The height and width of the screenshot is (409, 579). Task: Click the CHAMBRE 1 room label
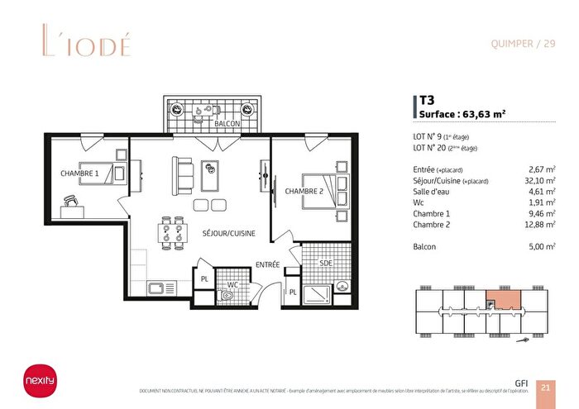tap(79, 174)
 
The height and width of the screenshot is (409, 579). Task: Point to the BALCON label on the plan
tap(227, 123)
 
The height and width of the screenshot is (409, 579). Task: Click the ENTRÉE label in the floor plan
tap(266, 264)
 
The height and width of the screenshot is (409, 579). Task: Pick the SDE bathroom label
tap(326, 263)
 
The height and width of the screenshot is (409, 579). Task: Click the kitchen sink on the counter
tap(156, 288)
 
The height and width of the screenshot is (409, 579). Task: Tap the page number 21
tap(545, 387)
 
